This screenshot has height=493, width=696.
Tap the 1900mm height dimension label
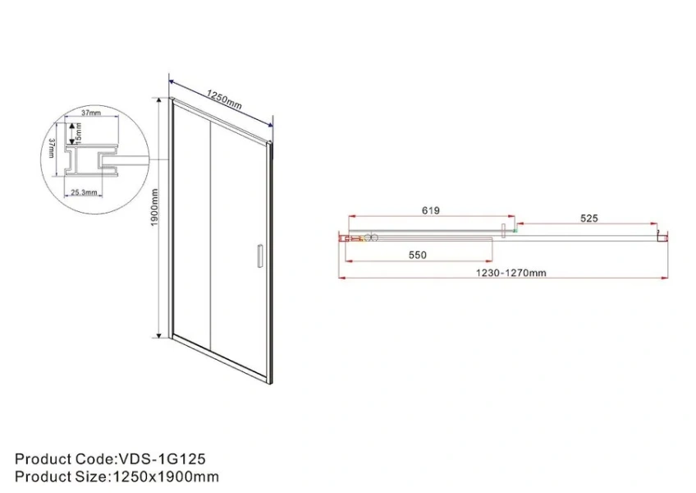point(153,217)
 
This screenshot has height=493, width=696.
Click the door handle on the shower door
point(260,256)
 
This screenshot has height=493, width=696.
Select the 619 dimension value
point(431,210)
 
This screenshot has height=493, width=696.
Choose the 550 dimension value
point(418,255)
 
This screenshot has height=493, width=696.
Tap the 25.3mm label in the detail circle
point(84,192)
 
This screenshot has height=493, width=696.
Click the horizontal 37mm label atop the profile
point(90,113)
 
